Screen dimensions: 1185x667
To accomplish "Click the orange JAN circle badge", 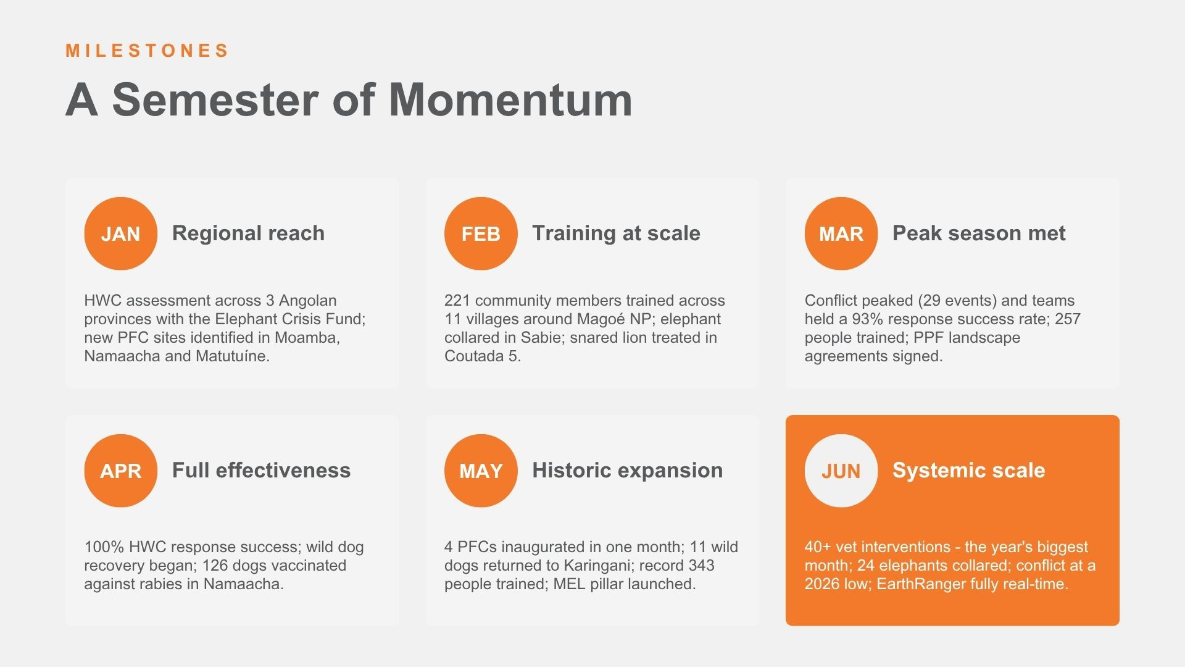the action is tap(121, 233).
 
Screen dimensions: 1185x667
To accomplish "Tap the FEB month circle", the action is tap(481, 233).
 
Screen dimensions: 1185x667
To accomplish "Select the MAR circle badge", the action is tap(841, 233).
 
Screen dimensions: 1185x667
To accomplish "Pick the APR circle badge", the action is tap(121, 471).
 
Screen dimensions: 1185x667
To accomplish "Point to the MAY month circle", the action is tap(481, 471).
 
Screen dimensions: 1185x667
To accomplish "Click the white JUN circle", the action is tap(841, 471).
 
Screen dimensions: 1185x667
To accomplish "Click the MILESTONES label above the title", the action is tap(148, 51).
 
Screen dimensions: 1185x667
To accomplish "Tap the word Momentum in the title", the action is tap(511, 99).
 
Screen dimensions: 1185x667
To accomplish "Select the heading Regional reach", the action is tap(248, 233).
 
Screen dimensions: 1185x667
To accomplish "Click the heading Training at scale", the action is tap(616, 233).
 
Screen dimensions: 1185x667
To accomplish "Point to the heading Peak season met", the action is tap(979, 233).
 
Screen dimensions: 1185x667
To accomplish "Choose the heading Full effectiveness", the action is tap(261, 470).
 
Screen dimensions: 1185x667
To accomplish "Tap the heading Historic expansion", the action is tap(627, 470).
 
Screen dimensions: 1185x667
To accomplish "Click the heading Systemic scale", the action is tap(968, 470).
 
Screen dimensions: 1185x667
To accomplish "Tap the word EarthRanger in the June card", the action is tap(920, 584).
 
